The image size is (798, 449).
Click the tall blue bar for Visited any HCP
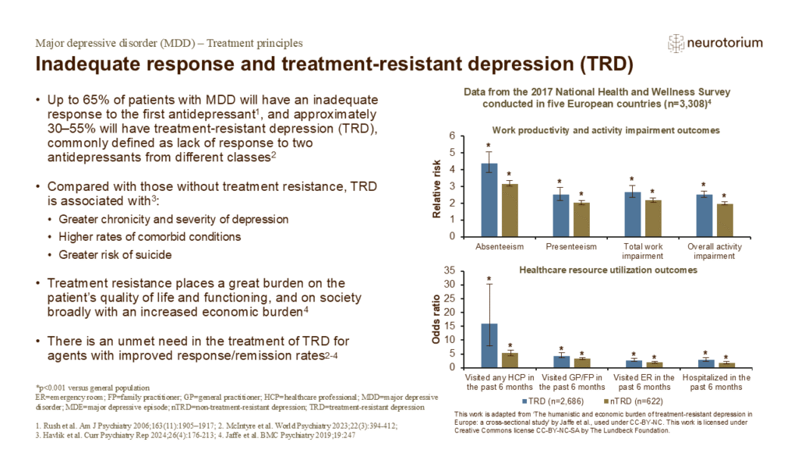pos(489,345)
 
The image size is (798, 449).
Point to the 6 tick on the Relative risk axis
pos(453,136)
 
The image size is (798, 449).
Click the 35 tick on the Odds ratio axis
pos(450,270)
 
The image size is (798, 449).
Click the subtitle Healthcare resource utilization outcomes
pos(608,270)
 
